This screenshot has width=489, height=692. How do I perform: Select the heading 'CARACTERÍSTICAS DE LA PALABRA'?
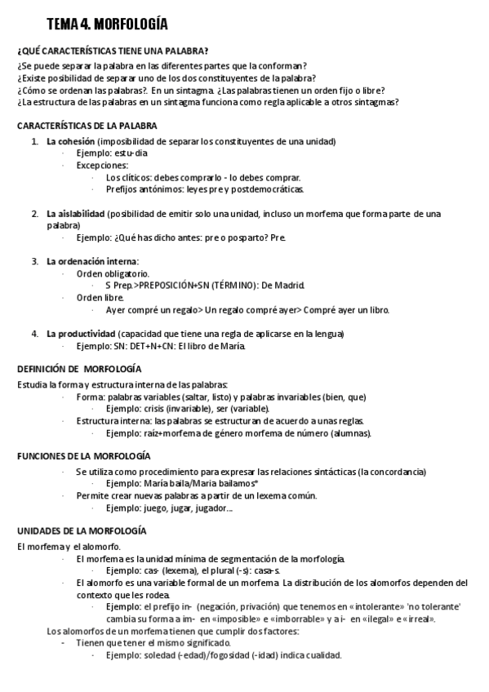[87, 126]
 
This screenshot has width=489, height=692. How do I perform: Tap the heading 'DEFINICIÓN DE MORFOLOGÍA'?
[79, 369]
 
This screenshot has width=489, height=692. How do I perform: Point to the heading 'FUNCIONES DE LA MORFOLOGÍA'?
[84, 455]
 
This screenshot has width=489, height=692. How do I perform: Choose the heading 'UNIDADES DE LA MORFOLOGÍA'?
[82, 530]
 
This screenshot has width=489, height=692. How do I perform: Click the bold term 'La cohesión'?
[70, 141]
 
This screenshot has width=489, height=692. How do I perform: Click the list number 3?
[35, 261]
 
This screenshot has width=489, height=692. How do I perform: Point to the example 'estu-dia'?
[131, 153]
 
